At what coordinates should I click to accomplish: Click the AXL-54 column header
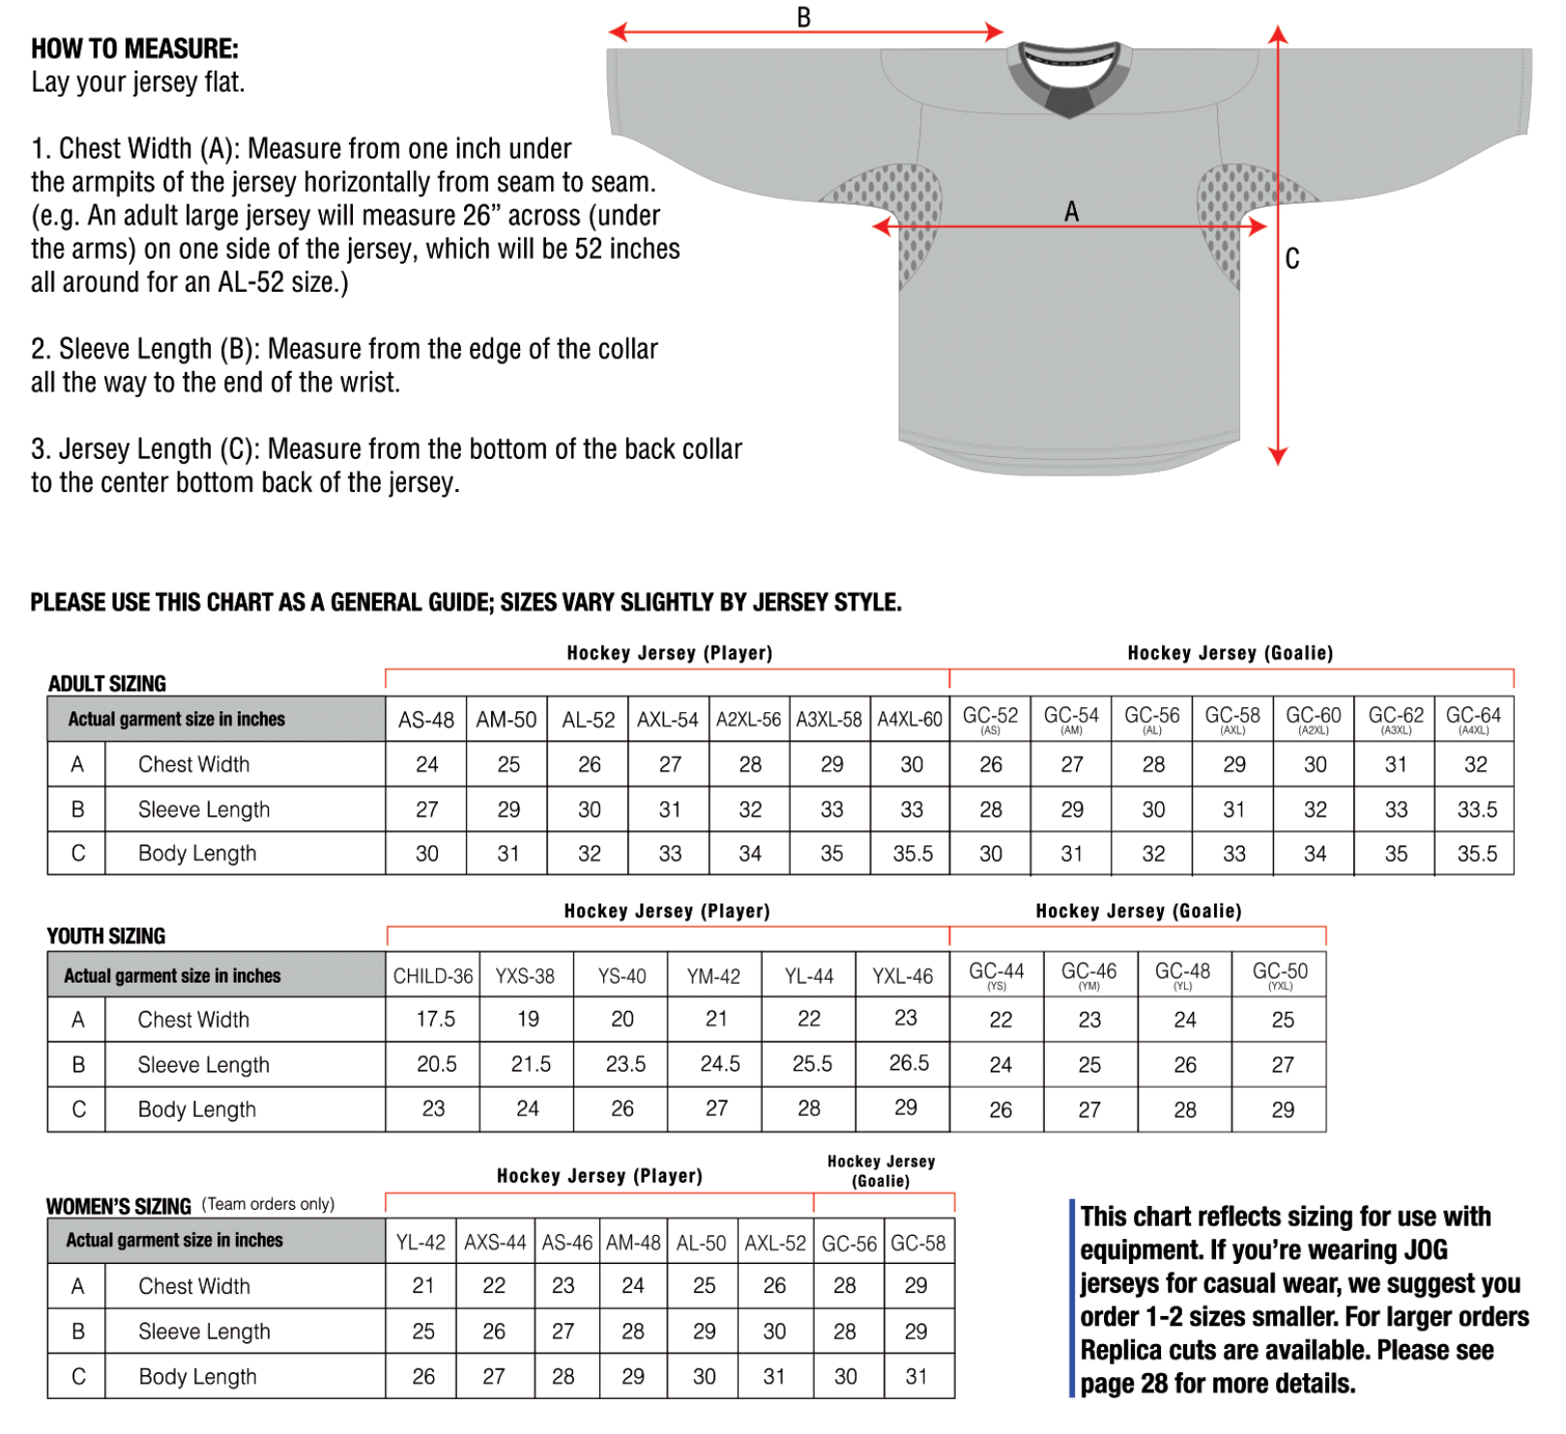click(x=667, y=720)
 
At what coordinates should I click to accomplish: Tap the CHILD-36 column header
click(x=432, y=976)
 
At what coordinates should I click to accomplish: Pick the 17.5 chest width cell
click(x=435, y=1019)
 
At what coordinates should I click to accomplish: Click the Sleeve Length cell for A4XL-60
click(x=911, y=810)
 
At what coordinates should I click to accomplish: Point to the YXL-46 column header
click(x=902, y=976)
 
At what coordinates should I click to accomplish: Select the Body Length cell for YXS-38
click(x=527, y=1108)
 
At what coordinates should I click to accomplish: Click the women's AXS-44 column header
click(x=495, y=1243)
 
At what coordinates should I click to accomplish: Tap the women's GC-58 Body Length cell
click(x=915, y=1376)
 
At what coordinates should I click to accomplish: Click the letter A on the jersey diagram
click(x=1071, y=212)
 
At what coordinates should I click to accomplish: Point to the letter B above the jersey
click(x=803, y=17)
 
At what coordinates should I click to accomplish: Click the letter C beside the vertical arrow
click(x=1292, y=259)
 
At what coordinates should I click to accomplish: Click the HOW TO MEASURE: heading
click(x=134, y=48)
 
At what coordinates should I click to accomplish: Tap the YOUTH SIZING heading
click(x=106, y=936)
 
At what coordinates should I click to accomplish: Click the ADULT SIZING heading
click(x=107, y=684)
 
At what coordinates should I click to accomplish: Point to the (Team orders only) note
click(x=268, y=1204)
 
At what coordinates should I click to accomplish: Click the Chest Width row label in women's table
click(x=194, y=1286)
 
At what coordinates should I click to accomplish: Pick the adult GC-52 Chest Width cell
click(x=991, y=764)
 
